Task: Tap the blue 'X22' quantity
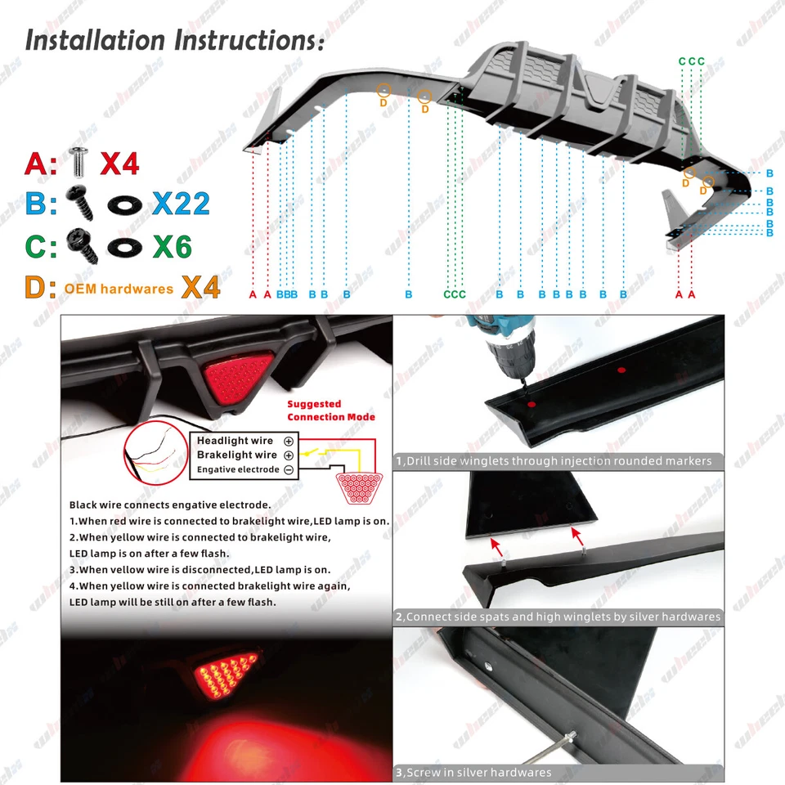coord(181,203)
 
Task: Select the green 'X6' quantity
coord(173,245)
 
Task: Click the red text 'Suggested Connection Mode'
coord(331,410)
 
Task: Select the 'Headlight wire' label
coord(235,442)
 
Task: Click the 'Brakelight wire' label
coord(237,455)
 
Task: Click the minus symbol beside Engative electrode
coord(288,469)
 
